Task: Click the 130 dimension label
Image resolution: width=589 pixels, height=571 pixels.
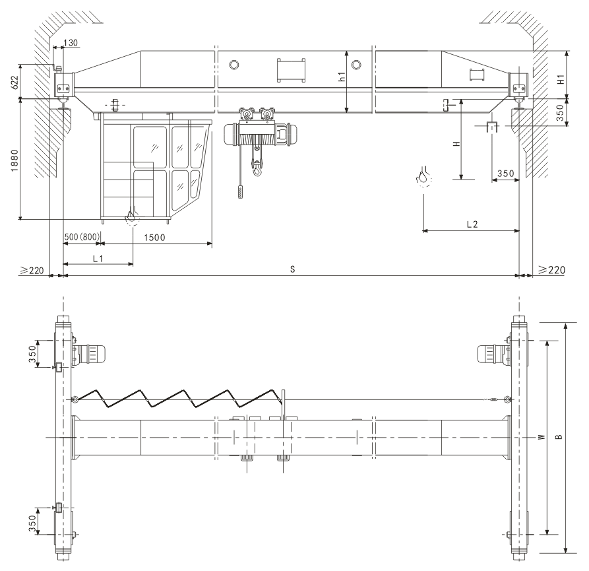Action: tap(71, 43)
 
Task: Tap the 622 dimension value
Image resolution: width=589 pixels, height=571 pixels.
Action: tap(15, 83)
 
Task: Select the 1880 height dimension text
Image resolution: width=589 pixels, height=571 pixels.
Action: tap(15, 160)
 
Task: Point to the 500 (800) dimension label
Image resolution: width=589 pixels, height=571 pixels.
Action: tap(82, 237)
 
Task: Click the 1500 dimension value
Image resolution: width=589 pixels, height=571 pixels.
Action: tap(154, 238)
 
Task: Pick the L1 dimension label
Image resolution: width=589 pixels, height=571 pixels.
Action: tap(98, 259)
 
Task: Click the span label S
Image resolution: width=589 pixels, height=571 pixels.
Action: tap(293, 269)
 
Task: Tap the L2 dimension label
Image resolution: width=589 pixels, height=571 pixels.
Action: tap(472, 224)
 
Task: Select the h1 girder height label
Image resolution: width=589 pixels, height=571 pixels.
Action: tap(342, 77)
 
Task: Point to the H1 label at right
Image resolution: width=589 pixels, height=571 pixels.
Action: tap(561, 80)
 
